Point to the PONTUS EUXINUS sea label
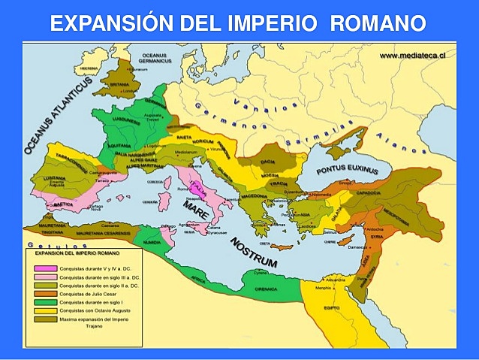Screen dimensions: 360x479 tap(346, 171)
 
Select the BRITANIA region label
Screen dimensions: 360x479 tap(120, 85)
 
